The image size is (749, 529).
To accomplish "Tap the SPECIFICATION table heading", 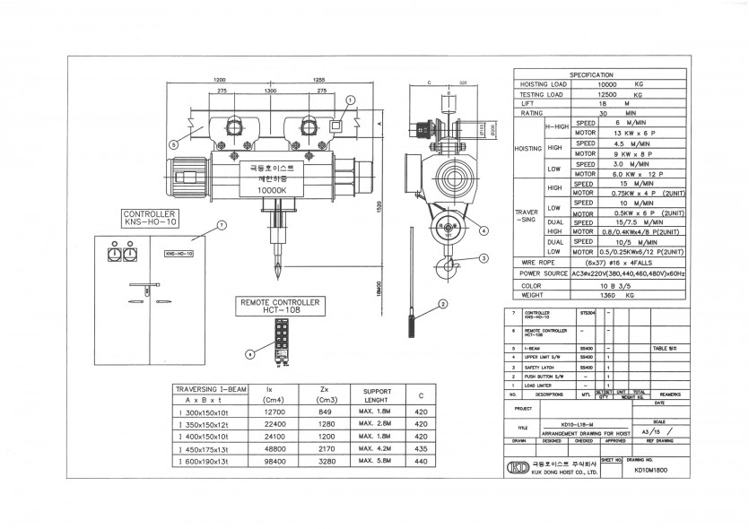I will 591,74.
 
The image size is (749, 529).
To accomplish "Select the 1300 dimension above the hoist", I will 270,91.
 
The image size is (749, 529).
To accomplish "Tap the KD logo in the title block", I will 518,466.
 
